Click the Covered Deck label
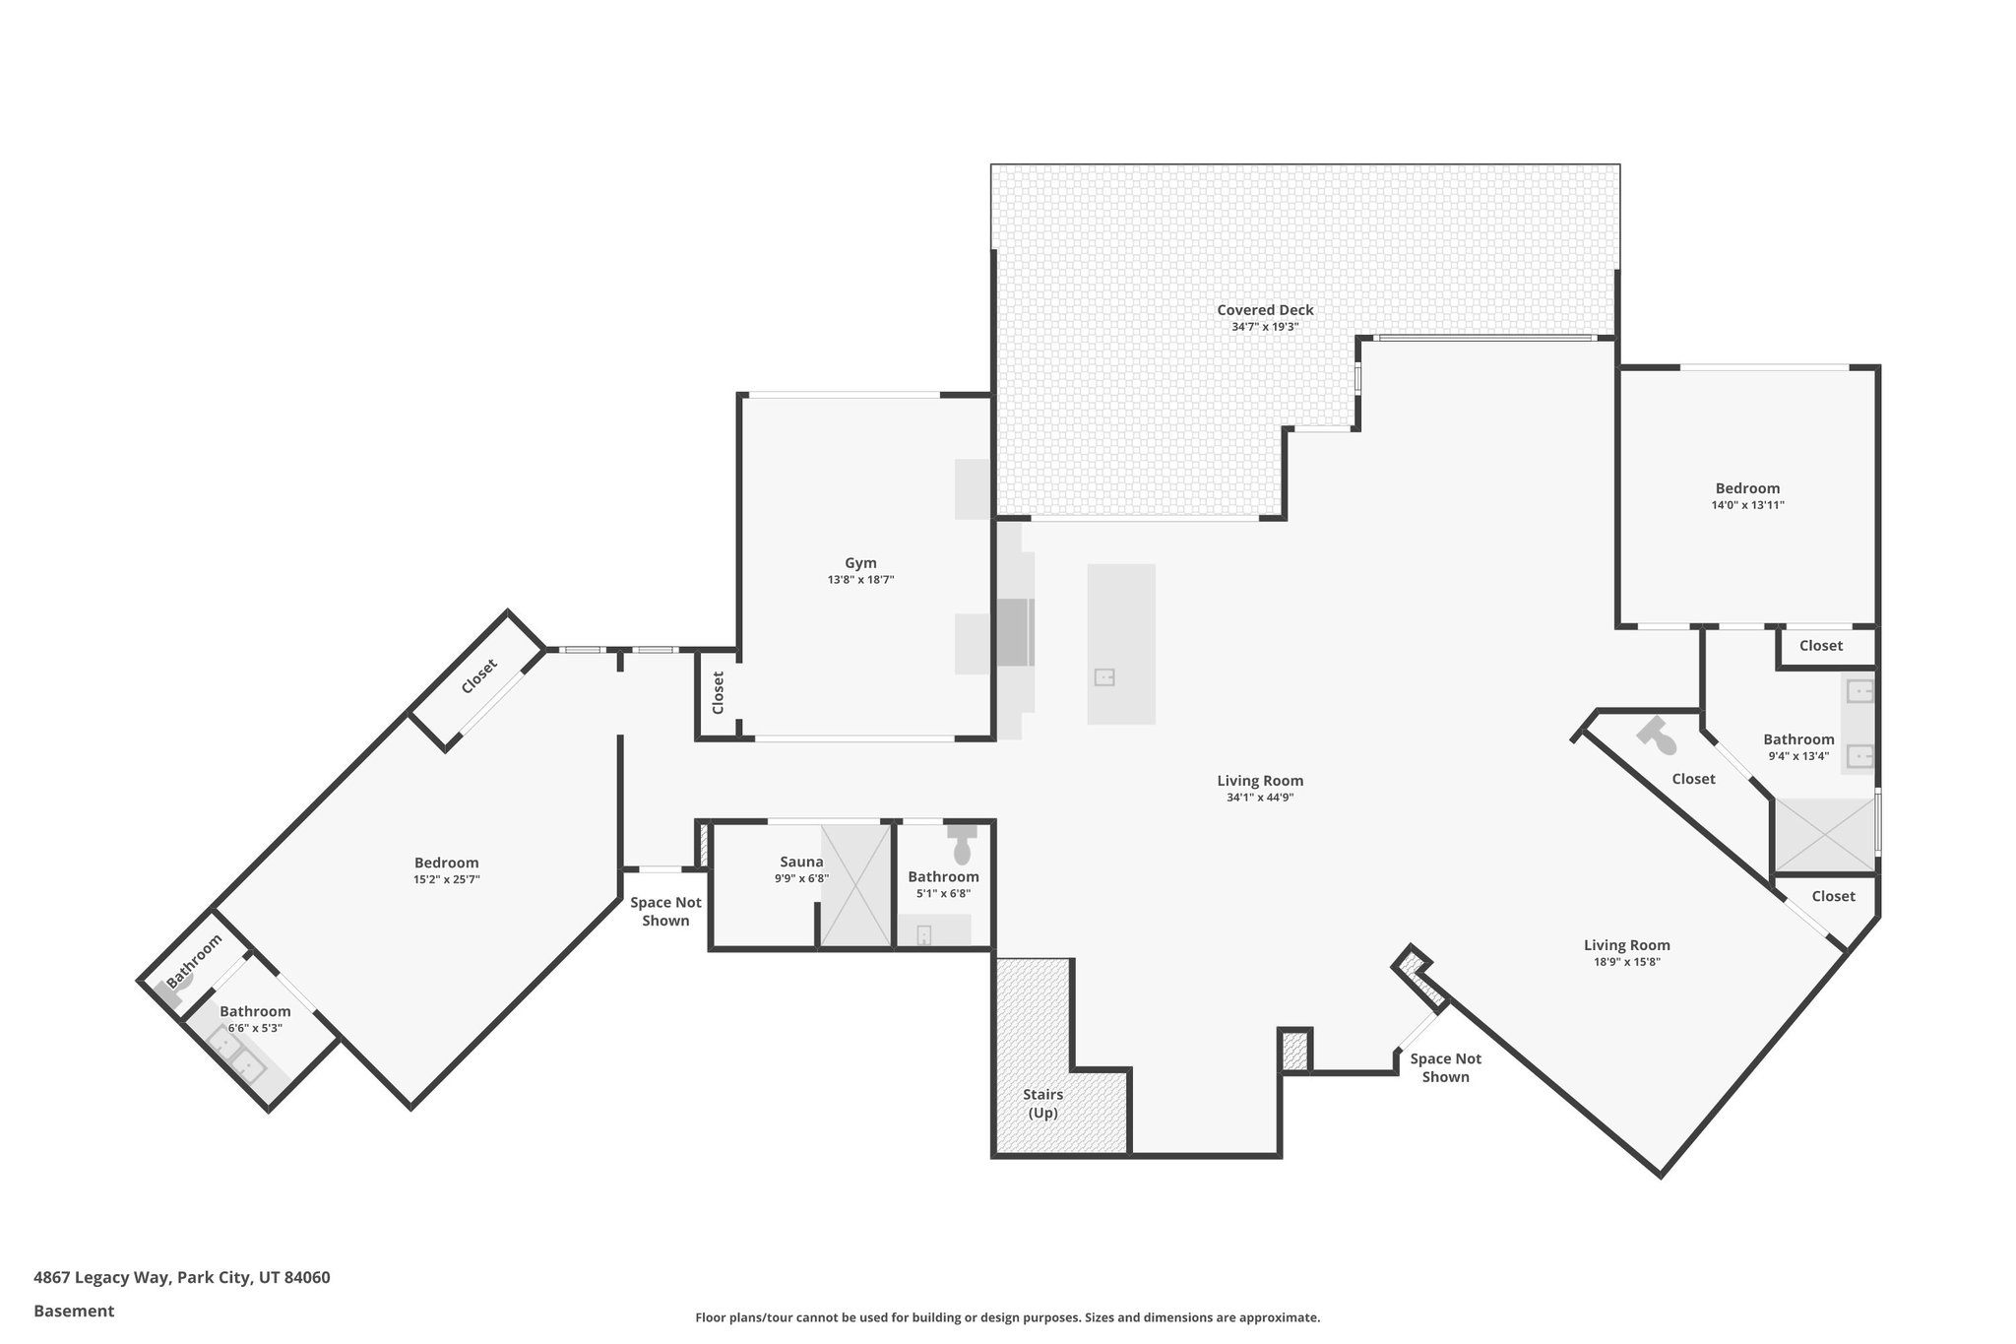coord(1264,309)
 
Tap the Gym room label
coord(860,563)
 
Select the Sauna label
coord(801,862)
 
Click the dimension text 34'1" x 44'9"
coord(1259,798)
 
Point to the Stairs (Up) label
coord(1042,1104)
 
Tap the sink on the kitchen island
coord(1104,677)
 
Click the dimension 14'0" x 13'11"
coord(1747,505)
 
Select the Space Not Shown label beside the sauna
coord(665,912)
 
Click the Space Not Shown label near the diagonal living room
coord(1445,1067)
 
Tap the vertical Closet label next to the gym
coord(718,692)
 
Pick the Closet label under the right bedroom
coord(1820,646)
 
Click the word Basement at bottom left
coord(74,1311)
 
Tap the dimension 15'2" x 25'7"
coord(446,879)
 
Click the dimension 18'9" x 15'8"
coord(1626,962)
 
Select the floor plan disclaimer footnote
coord(1007,1317)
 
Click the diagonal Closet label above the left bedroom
coord(478,676)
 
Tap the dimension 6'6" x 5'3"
coord(255,1028)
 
